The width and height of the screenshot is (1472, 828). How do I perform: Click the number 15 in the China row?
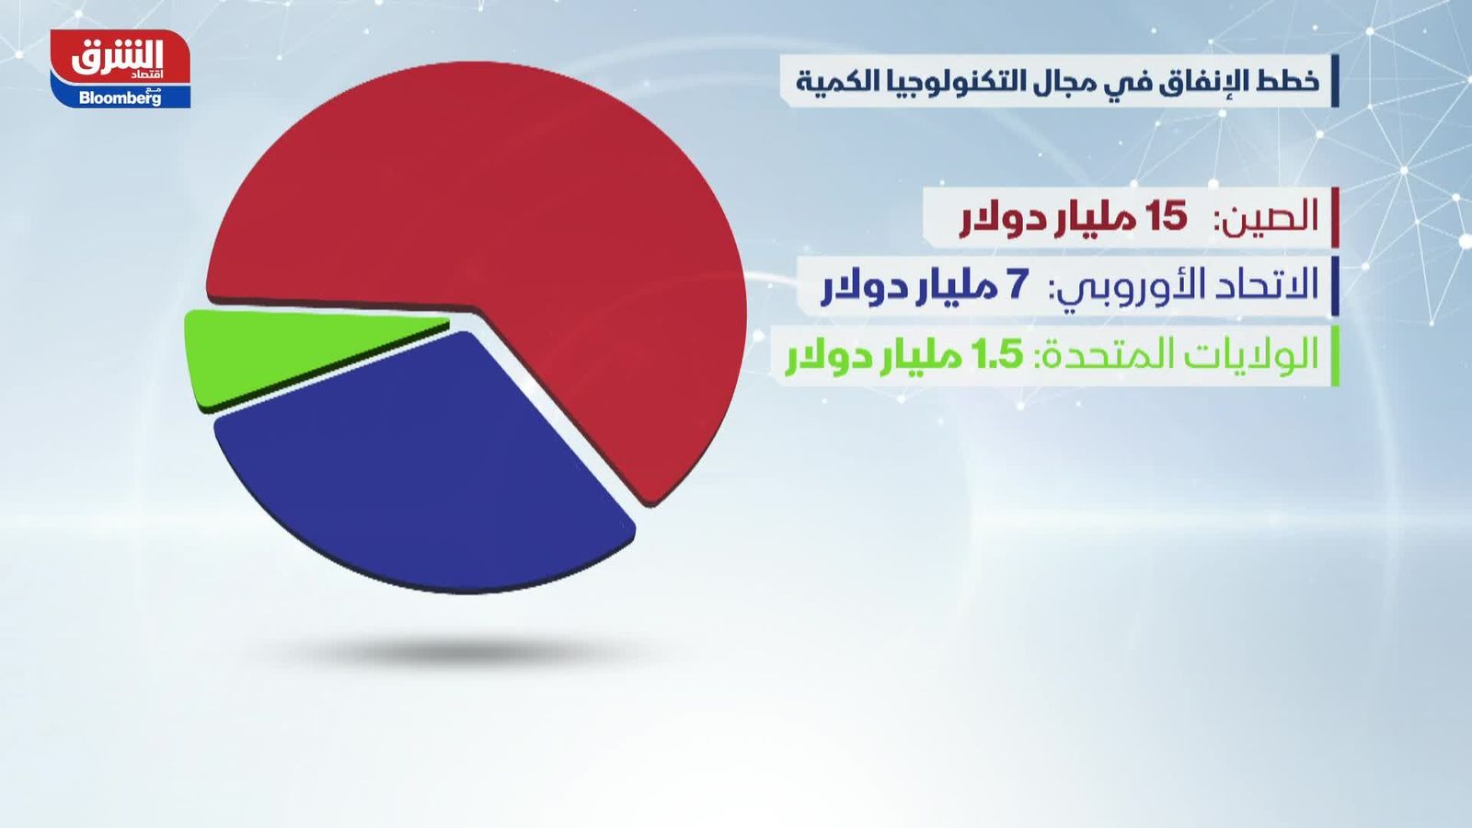[1166, 217]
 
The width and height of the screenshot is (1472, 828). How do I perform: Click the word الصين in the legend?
[1271, 217]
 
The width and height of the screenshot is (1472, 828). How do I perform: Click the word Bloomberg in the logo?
[121, 98]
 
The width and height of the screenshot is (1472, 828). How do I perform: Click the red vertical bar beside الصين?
[1335, 217]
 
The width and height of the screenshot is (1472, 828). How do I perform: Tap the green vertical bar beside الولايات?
[1335, 356]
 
